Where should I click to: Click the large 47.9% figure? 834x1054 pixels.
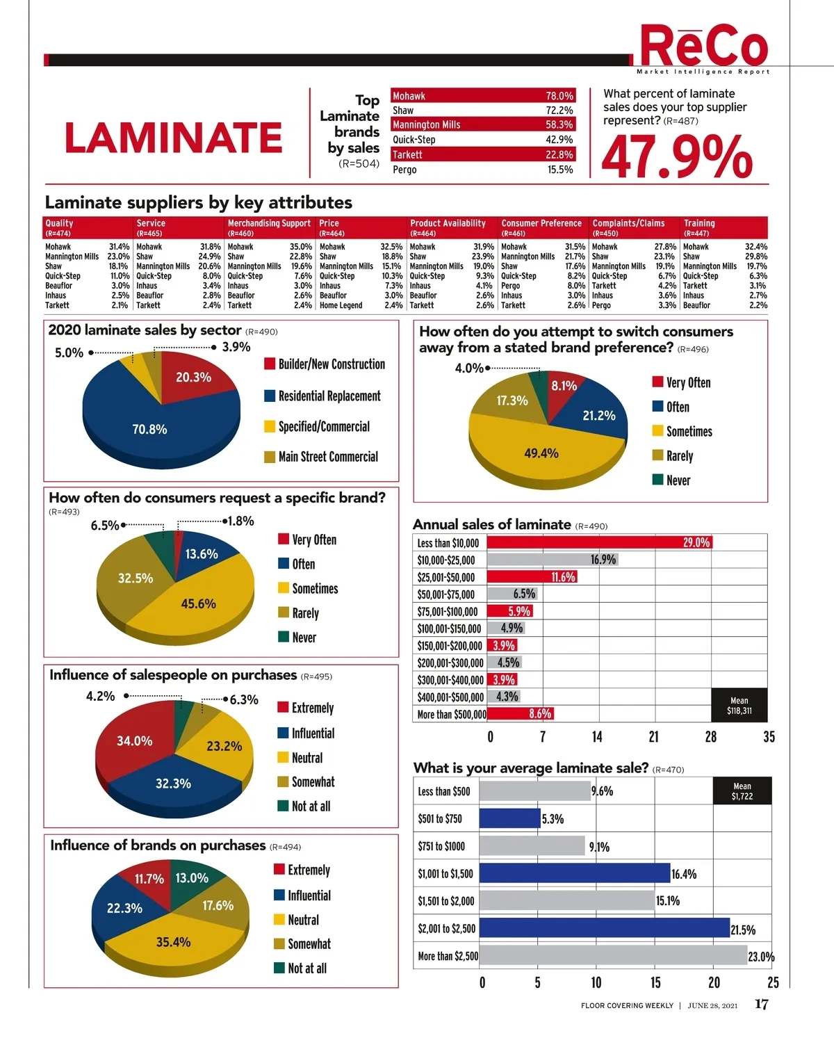[x=677, y=157]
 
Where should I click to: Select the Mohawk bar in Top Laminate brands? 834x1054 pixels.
[x=483, y=96]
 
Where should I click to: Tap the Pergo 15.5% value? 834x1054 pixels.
[x=559, y=170]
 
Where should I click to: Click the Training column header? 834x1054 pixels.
[x=699, y=223]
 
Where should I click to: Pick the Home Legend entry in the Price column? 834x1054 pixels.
[x=341, y=305]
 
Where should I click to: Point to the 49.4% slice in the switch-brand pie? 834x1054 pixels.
[x=541, y=453]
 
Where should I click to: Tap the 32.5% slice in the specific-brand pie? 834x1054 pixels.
[x=135, y=578]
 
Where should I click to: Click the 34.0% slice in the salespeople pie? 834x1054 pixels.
[x=134, y=741]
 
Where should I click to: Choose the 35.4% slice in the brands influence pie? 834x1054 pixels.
[x=173, y=942]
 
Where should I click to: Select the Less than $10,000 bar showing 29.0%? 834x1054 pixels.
[x=599, y=542]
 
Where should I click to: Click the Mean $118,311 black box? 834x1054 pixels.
[x=739, y=705]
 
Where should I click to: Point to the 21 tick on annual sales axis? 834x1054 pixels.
[x=653, y=737]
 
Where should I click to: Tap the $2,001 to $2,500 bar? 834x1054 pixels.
[x=604, y=928]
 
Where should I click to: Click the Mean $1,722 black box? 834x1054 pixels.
[x=742, y=791]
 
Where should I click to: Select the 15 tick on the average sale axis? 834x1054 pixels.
[x=655, y=982]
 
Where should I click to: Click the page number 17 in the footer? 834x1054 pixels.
[x=761, y=1005]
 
